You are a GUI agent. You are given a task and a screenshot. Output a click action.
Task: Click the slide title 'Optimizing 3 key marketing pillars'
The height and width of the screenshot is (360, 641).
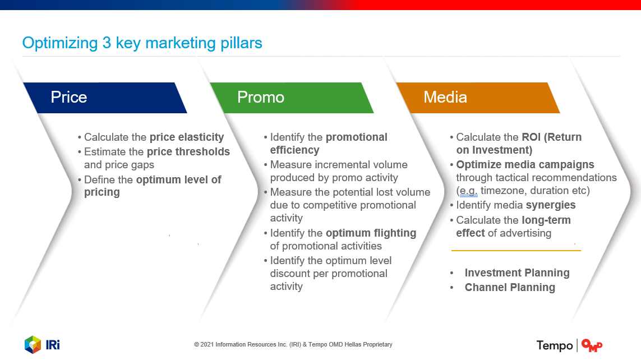tap(142, 43)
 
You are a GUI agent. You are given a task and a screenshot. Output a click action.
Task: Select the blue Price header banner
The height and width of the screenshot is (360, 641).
tap(105, 98)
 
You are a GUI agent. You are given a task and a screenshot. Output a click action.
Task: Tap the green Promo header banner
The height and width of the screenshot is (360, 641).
tap(292, 98)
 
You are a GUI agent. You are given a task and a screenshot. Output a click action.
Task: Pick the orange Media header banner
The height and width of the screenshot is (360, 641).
tap(478, 98)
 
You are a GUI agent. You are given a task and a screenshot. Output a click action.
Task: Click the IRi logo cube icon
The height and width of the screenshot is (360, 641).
tap(33, 344)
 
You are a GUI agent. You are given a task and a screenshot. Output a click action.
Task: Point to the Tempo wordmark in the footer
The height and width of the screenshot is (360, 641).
tap(554, 345)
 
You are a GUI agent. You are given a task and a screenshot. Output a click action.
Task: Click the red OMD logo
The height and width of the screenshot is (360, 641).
tap(592, 345)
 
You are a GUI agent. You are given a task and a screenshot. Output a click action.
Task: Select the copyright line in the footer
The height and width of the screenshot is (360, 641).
tap(293, 344)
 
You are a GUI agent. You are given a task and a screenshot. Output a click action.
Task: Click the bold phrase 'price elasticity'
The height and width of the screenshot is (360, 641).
tap(187, 137)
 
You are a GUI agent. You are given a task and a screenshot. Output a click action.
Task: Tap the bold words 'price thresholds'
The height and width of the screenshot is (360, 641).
tap(188, 151)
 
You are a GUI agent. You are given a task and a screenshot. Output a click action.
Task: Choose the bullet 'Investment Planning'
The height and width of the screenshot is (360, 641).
tap(517, 273)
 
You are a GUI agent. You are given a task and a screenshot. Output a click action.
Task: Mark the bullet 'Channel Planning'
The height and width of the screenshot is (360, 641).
tap(510, 287)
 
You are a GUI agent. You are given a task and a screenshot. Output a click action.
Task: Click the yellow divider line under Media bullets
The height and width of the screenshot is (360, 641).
tap(516, 251)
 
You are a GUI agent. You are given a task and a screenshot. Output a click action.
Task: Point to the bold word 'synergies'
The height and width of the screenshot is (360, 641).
tap(551, 205)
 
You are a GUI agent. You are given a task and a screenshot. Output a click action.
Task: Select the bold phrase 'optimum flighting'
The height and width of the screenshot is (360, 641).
tap(371, 233)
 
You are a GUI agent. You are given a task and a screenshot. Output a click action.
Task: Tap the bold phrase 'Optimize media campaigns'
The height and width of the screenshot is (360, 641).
tap(525, 165)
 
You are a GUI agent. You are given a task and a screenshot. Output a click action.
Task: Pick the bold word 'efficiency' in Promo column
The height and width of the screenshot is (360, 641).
tap(295, 150)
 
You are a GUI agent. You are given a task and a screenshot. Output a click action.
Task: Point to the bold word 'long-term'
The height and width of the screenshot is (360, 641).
tap(546, 220)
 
